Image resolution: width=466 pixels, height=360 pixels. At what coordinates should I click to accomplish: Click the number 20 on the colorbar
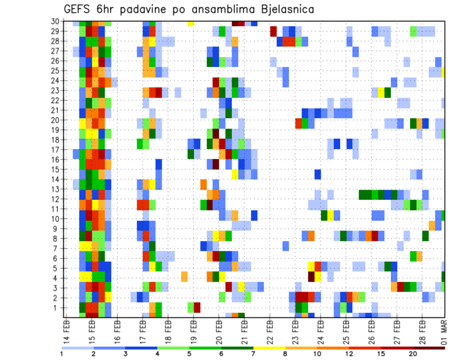413,354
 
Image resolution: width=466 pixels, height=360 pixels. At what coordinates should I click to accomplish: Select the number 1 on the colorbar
62,354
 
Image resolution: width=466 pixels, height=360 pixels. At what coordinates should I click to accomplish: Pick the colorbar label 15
381,354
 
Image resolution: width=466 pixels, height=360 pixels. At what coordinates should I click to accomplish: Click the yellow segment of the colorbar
269,348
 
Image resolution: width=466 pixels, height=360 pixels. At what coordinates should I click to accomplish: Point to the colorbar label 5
189,354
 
